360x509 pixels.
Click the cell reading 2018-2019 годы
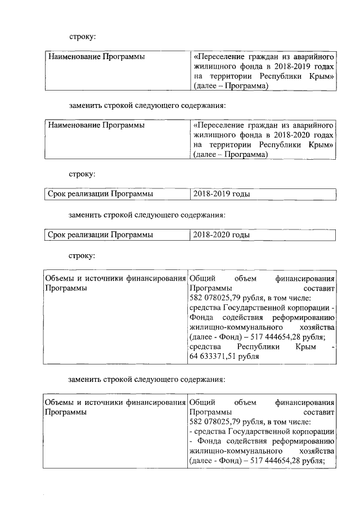click(221, 194)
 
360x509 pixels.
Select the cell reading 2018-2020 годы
click(221, 235)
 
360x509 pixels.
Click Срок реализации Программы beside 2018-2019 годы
click(100, 194)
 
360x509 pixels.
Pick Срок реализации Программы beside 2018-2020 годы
click(100, 235)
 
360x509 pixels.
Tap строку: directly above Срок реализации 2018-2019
click(82, 174)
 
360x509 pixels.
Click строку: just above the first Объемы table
click(82, 255)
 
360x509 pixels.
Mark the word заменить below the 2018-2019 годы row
click(84, 214)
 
